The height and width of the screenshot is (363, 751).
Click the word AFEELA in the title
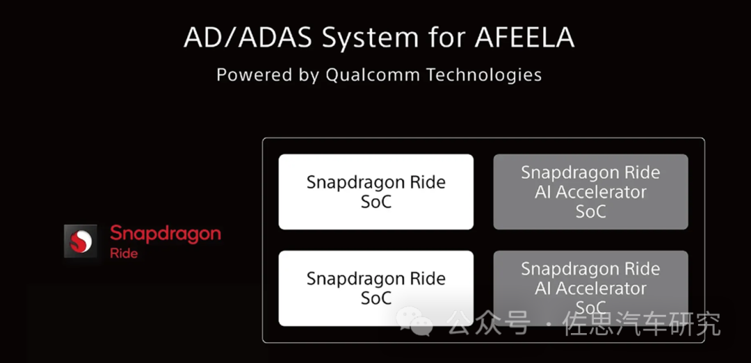click(524, 38)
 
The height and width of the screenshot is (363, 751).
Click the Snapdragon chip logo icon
click(81, 241)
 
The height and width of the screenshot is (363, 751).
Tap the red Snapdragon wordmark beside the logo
click(165, 235)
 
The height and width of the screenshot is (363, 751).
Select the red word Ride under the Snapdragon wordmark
click(124, 253)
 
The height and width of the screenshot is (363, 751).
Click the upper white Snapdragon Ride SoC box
click(376, 191)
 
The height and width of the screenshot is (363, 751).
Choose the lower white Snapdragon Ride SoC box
click(376, 289)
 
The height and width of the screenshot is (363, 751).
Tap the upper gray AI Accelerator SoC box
click(590, 191)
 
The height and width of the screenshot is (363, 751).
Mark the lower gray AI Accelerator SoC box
click(590, 289)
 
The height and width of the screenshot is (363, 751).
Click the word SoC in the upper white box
click(376, 202)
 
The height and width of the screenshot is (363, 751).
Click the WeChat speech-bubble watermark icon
click(417, 321)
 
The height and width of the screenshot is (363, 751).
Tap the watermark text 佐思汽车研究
click(642, 324)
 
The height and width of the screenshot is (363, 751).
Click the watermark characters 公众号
click(489, 324)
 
